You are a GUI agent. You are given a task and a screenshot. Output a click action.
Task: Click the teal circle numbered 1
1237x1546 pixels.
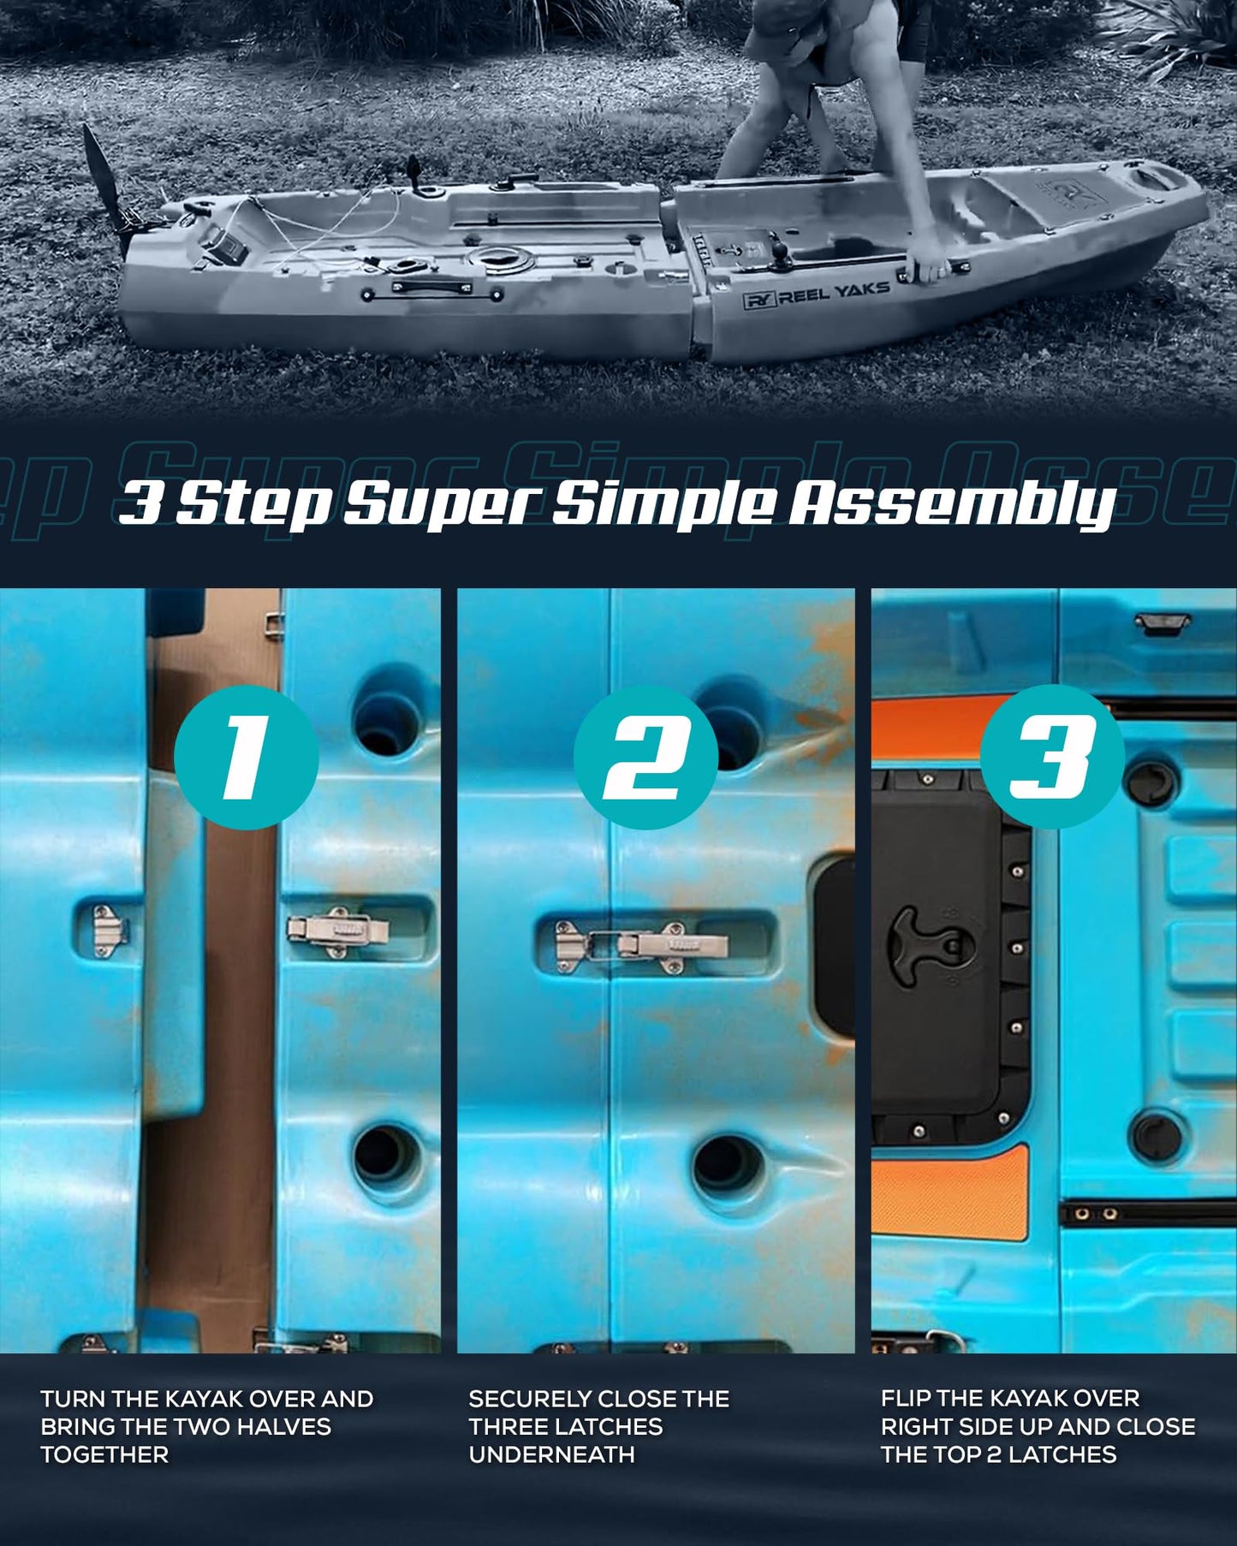point(247,757)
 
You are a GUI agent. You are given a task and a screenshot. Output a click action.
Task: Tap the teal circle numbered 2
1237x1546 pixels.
point(645,758)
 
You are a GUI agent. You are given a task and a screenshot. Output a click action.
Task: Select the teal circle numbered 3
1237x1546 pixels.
point(1052,757)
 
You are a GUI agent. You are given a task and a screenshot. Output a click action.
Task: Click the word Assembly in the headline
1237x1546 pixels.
point(951,503)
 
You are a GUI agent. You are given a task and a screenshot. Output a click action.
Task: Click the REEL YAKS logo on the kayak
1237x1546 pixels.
point(816,294)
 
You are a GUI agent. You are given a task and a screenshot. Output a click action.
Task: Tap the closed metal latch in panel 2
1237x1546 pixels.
point(641,947)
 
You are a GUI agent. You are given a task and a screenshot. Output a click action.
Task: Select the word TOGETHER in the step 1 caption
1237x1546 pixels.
point(104,1454)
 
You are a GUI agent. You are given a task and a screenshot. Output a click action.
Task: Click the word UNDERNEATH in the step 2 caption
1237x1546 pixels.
point(551,1454)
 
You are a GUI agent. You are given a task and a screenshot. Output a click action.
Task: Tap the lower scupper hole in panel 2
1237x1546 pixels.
point(727,1165)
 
